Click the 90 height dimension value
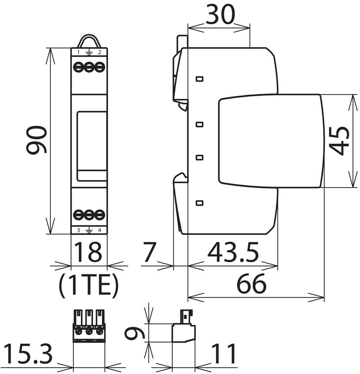[36, 140]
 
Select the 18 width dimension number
[89, 252]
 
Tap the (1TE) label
[89, 286]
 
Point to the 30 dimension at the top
[220, 14]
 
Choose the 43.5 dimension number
[233, 252]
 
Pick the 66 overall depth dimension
[251, 284]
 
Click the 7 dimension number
[149, 252]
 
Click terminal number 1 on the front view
[78, 52]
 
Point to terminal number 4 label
[100, 230]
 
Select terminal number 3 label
[78, 230]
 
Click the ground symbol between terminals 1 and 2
[89, 52]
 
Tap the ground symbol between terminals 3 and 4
[89, 230]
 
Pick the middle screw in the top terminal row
[89, 67]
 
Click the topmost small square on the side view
[199, 79]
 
